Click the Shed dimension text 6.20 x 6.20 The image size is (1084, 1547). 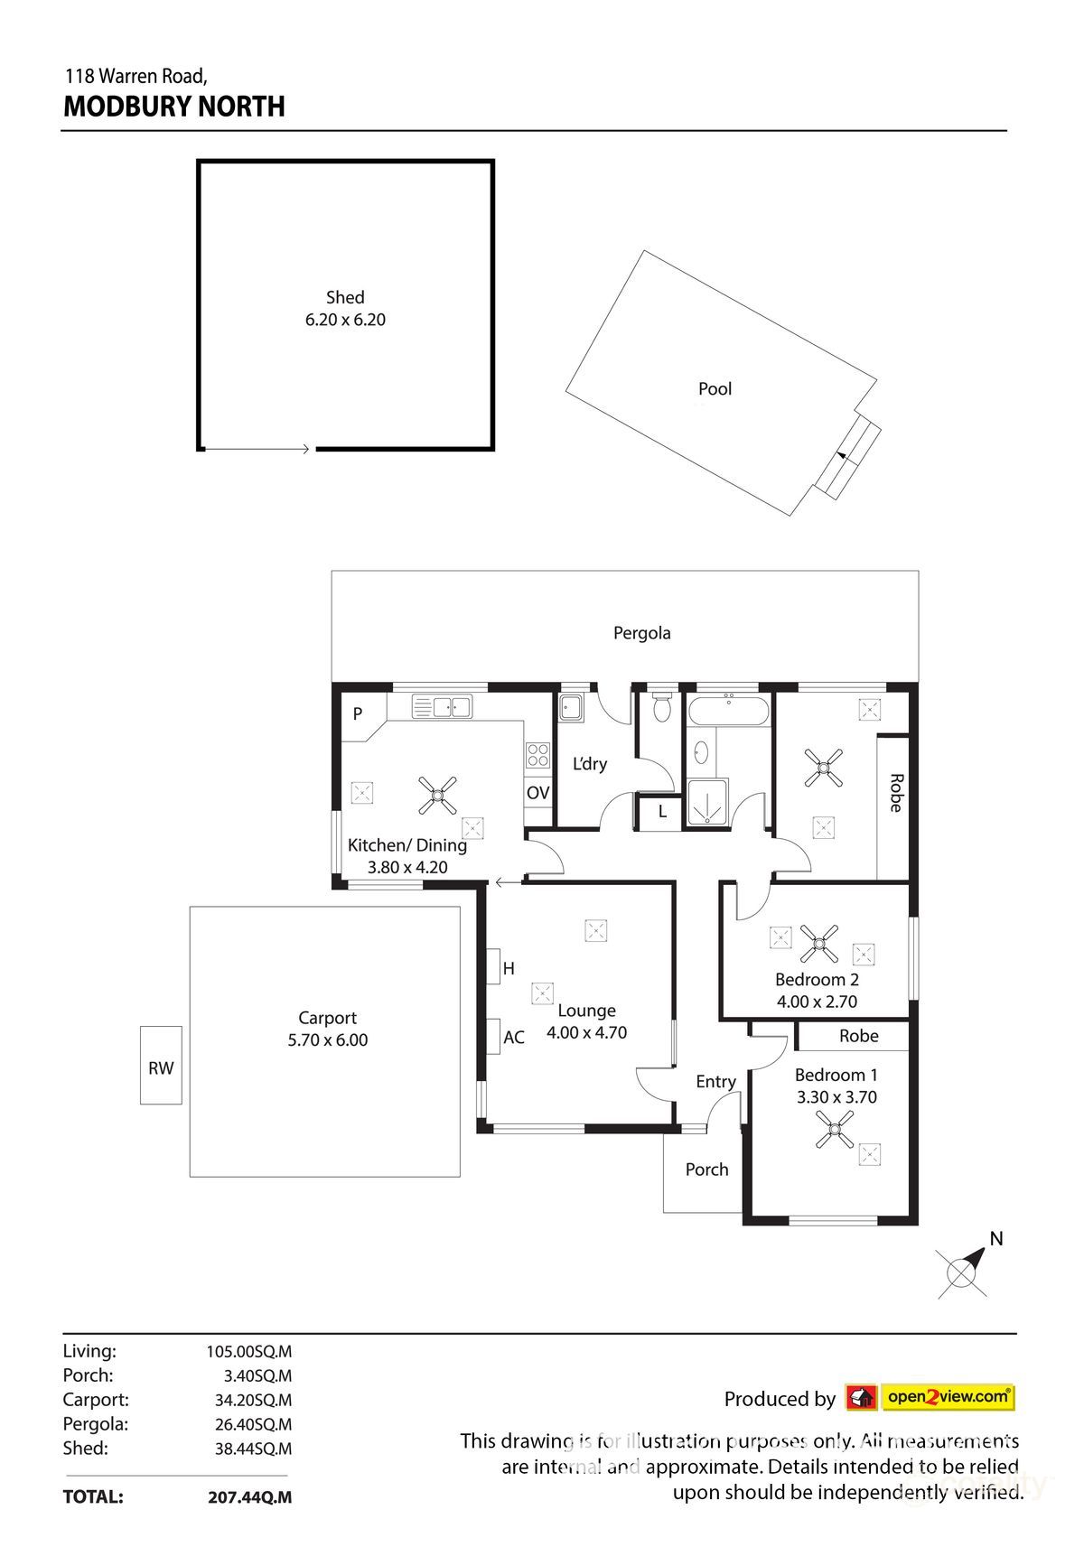345,320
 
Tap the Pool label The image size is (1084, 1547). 715,389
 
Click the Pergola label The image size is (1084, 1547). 641,633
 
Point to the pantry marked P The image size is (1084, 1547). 358,714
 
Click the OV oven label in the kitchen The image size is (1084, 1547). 537,793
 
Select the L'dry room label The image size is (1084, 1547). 590,764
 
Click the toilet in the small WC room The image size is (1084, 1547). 662,708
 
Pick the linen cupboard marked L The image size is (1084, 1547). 661,812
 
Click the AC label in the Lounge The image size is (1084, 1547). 513,1038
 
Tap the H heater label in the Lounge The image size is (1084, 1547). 509,969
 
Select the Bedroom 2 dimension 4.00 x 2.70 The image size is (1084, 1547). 817,1002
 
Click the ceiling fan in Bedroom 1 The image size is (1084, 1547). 834,1129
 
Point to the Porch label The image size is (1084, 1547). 706,1170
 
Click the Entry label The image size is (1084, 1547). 715,1082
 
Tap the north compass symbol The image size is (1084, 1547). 963,1272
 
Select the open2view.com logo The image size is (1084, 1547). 930,1398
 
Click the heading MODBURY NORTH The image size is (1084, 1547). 174,107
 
